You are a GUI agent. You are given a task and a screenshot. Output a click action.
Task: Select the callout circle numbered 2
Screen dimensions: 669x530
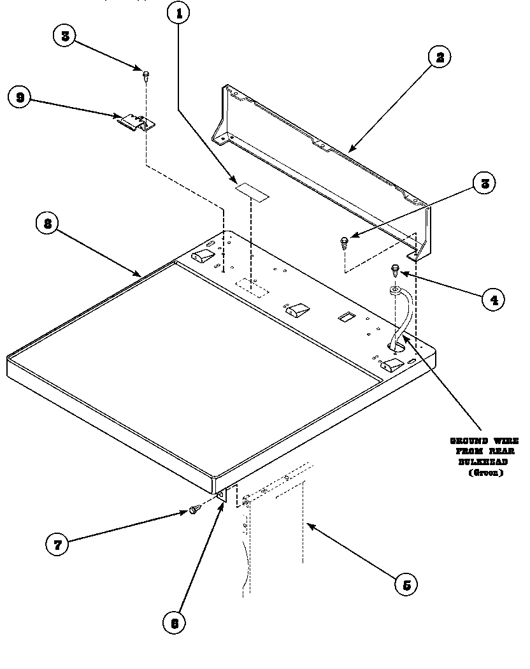pyautogui.click(x=439, y=57)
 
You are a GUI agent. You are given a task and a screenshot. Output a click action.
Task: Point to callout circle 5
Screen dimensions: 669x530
pyautogui.click(x=406, y=584)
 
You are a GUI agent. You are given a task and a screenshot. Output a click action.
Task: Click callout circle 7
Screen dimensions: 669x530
pyautogui.click(x=57, y=543)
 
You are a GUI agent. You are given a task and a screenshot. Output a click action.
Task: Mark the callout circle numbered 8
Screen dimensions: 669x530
pyautogui.click(x=47, y=225)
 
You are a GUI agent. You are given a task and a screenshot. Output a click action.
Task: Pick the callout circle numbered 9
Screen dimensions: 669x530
pyautogui.click(x=20, y=97)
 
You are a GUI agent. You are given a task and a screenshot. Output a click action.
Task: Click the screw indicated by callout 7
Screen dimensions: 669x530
pyautogui.click(x=195, y=509)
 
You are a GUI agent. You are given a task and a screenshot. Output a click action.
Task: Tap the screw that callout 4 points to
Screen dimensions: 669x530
pyautogui.click(x=396, y=269)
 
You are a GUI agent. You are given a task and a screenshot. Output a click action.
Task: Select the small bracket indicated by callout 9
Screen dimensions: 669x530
pyautogui.click(x=136, y=122)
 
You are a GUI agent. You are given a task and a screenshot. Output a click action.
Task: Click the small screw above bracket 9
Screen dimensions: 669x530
pyautogui.click(x=146, y=75)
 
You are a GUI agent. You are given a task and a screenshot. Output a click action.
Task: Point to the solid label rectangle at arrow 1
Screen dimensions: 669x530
pyautogui.click(x=252, y=190)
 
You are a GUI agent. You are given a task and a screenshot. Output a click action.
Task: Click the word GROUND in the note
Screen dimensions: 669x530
pyautogui.click(x=469, y=441)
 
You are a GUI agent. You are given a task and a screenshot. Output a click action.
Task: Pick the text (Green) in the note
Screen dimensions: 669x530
pyautogui.click(x=485, y=473)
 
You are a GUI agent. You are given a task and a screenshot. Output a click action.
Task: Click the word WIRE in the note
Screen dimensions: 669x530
pyautogui.click(x=504, y=441)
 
